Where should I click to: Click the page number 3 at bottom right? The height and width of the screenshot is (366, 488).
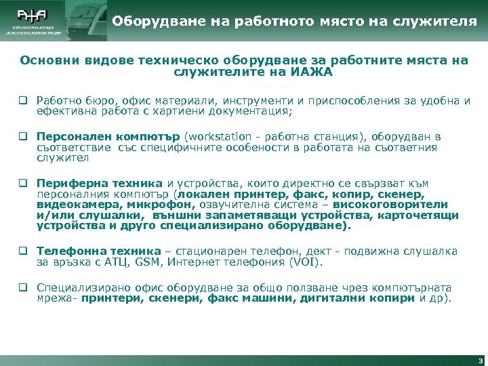coord(480,360)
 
